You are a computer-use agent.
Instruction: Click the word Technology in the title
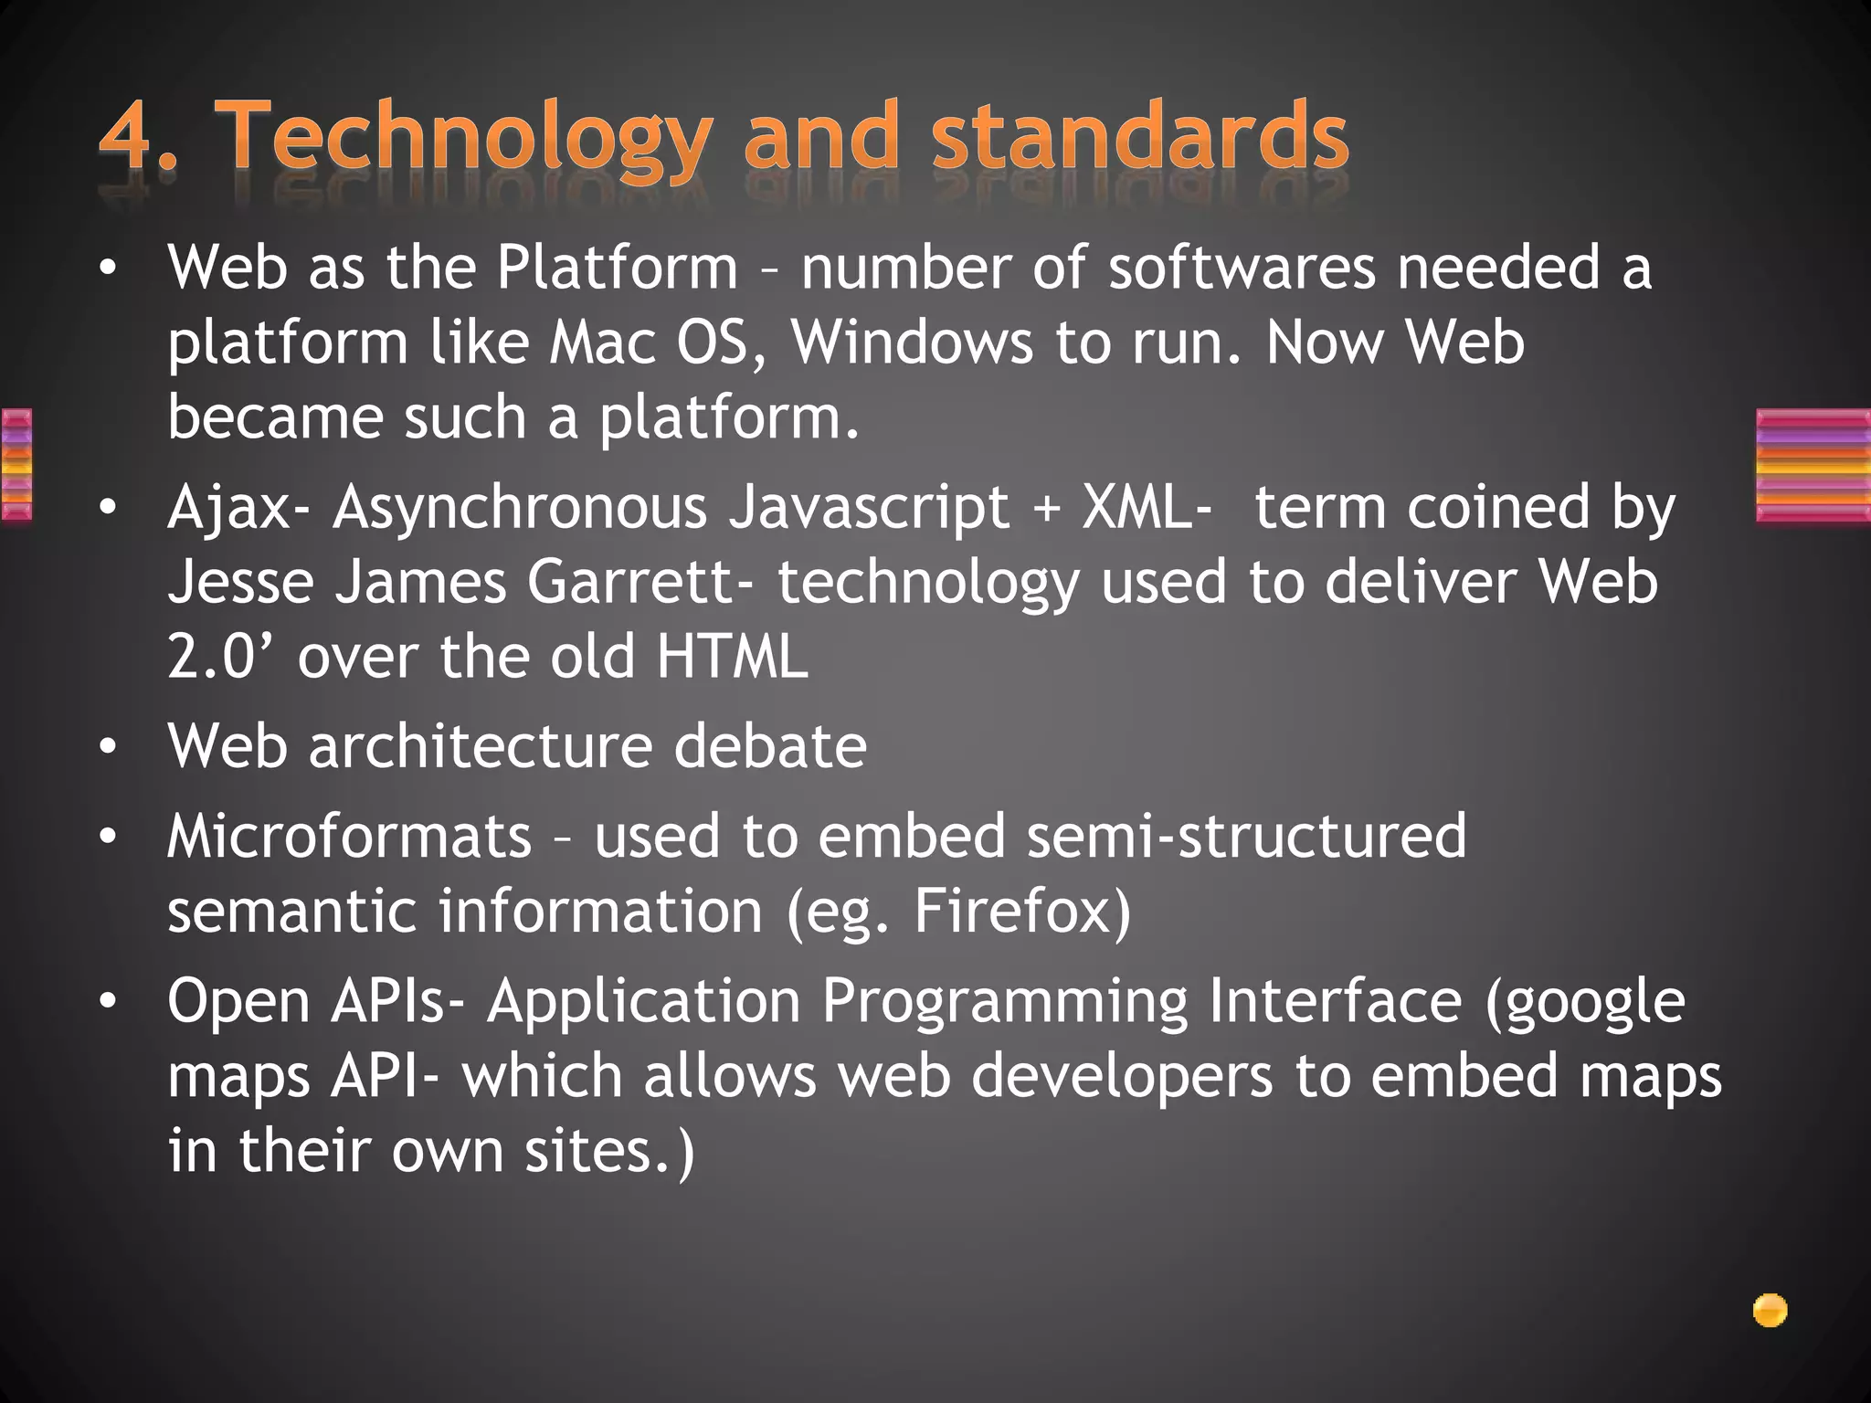tap(467, 137)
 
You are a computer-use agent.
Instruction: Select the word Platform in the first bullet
tap(617, 268)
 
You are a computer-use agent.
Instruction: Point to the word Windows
tap(911, 343)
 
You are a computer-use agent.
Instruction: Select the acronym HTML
tap(732, 657)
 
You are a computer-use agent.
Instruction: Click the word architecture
tap(481, 746)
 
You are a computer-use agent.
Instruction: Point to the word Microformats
tap(349, 837)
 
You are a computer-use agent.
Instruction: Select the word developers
tap(1121, 1076)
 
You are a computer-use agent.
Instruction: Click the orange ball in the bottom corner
tap(1770, 1311)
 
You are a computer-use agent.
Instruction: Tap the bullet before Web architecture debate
tap(109, 748)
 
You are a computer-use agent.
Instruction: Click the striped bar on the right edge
tap(1813, 466)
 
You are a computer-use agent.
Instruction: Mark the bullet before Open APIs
tap(109, 1002)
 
